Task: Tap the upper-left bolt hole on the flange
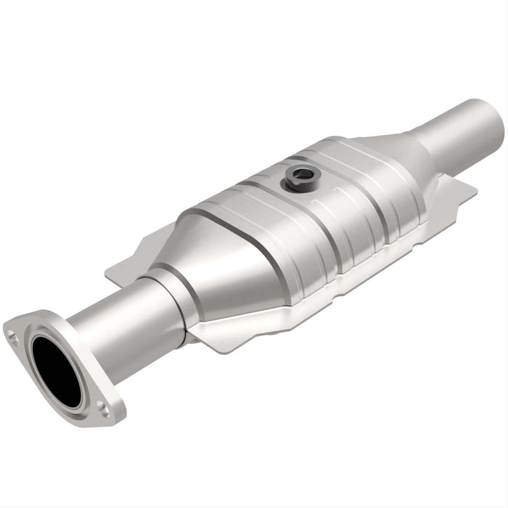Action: (13, 335)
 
